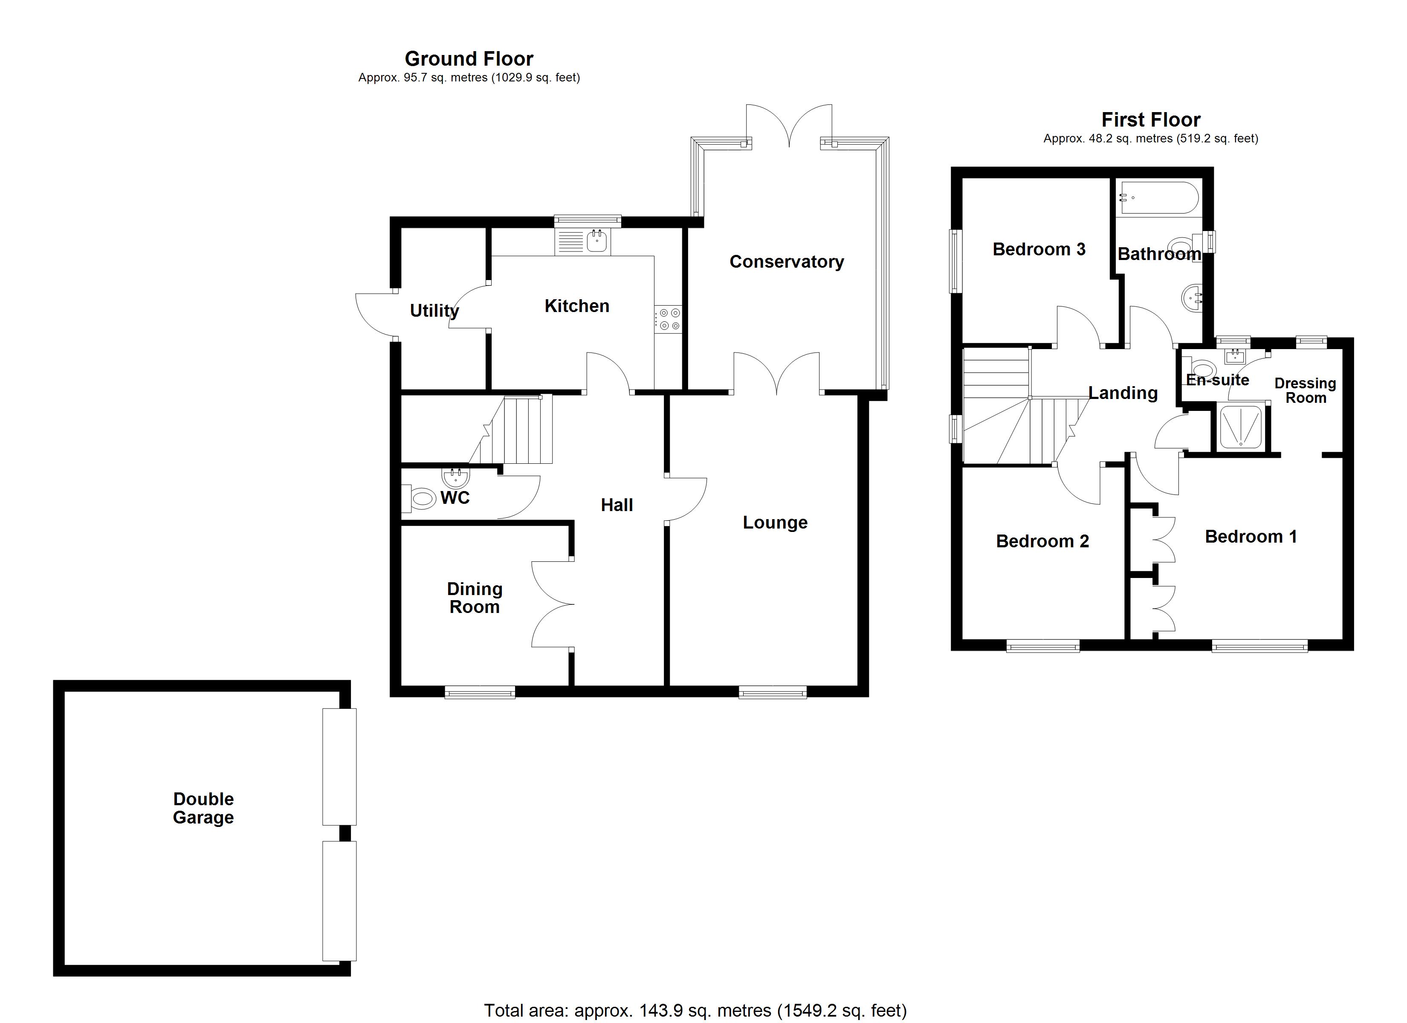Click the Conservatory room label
coord(786,262)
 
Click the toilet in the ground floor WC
coord(423,497)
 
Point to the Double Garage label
coord(203,808)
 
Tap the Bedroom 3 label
coord(1039,249)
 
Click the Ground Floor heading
coord(469,59)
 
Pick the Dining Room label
coord(475,598)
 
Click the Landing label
coord(1123,393)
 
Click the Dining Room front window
coord(480,692)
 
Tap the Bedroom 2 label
coord(1042,541)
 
